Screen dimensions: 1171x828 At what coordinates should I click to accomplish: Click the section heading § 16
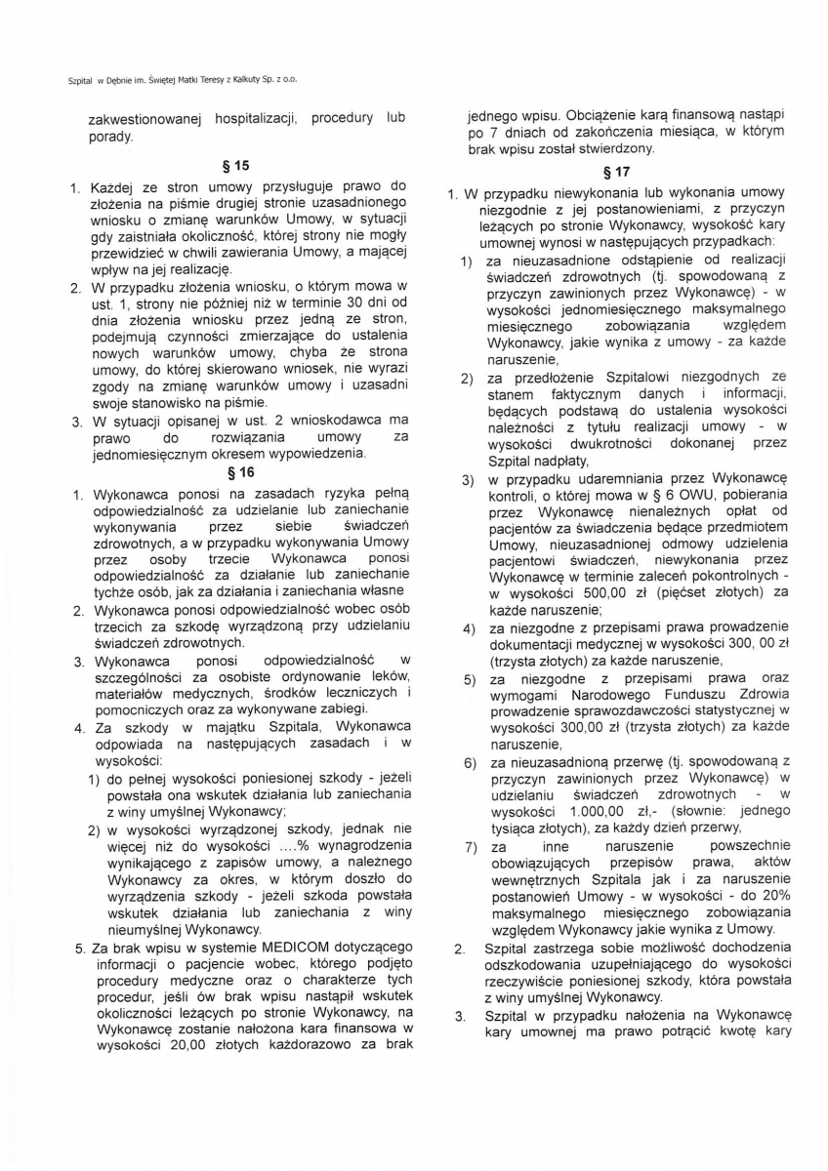click(240, 472)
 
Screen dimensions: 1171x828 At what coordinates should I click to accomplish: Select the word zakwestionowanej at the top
click(144, 118)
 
